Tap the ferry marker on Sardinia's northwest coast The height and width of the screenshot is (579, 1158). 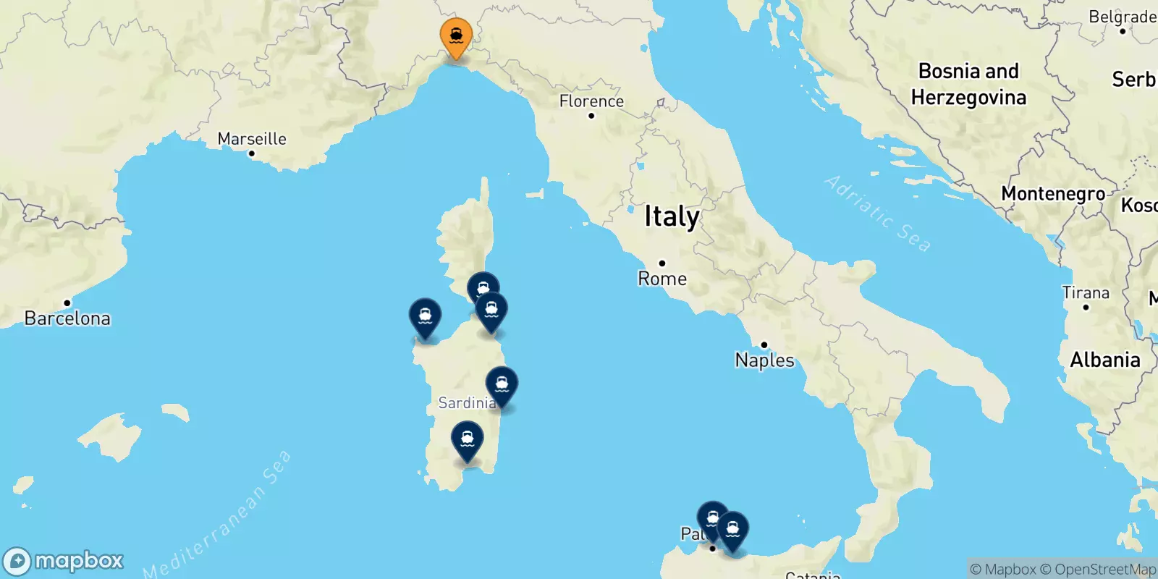click(425, 317)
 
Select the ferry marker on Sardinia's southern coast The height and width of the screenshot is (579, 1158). click(468, 439)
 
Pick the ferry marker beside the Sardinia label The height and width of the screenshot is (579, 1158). click(502, 385)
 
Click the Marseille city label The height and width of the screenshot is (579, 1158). click(252, 139)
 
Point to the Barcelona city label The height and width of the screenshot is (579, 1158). click(67, 318)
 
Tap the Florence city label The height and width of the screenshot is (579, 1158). click(591, 101)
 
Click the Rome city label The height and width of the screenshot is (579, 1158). click(662, 279)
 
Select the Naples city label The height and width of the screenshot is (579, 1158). click(764, 360)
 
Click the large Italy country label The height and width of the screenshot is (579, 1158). click(672, 216)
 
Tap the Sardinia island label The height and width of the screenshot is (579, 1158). click(466, 403)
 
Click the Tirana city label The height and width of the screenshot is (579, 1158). click(1086, 293)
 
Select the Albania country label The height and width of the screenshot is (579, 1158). click(1105, 360)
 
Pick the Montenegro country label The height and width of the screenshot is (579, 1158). click(1053, 194)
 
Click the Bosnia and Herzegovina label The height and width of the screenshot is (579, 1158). click(968, 84)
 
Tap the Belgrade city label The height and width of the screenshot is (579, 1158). click(1122, 17)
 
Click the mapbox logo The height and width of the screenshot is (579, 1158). click(64, 561)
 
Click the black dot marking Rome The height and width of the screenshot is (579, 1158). click(662, 263)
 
